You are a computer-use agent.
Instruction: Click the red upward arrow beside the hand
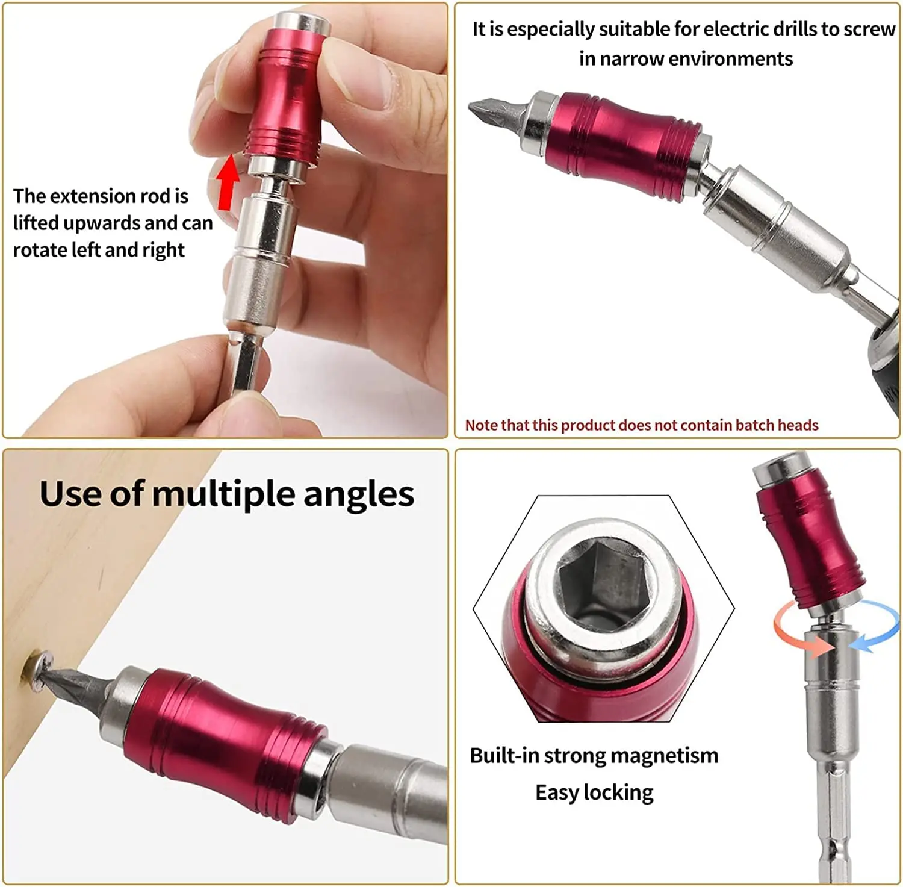pos(228,182)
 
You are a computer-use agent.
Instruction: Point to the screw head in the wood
pos(37,670)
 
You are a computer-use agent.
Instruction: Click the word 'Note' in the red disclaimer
pos(481,425)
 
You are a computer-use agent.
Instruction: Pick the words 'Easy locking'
pos(594,792)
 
